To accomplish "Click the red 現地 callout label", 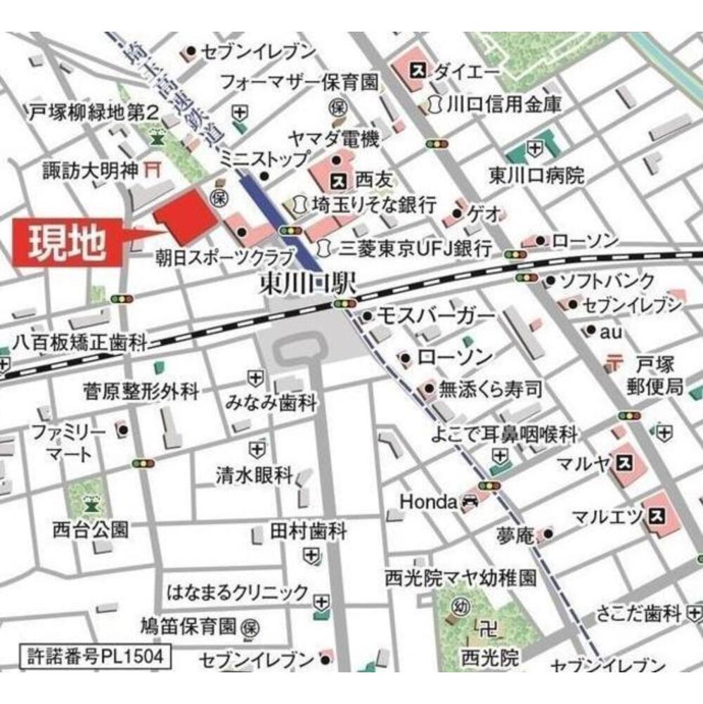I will click(67, 243).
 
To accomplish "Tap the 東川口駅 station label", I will click(308, 285).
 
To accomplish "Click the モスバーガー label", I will click(436, 317).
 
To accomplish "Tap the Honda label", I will click(428, 502).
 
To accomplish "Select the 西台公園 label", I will click(90, 529).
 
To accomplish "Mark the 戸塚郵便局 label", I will click(655, 374).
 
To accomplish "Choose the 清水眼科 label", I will click(254, 476).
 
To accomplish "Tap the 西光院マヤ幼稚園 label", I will click(460, 578).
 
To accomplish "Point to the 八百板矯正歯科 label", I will click(79, 343).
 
